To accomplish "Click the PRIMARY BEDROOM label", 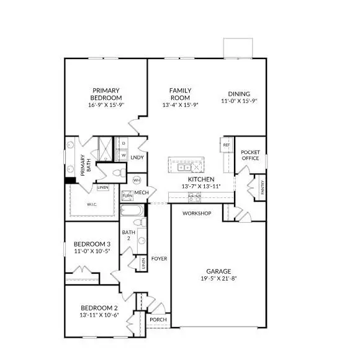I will [x=106, y=93].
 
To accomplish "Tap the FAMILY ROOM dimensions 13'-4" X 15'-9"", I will [x=180, y=105].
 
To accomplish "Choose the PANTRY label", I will [x=263, y=189].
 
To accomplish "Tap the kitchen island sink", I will [x=184, y=167].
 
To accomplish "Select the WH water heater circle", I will [x=137, y=179].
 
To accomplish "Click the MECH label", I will [x=142, y=193].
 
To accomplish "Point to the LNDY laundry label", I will [x=137, y=158].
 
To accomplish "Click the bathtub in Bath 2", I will [x=132, y=221].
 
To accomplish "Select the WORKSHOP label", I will [x=197, y=214].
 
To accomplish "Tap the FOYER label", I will [x=160, y=258].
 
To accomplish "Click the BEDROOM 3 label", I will [x=91, y=244].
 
